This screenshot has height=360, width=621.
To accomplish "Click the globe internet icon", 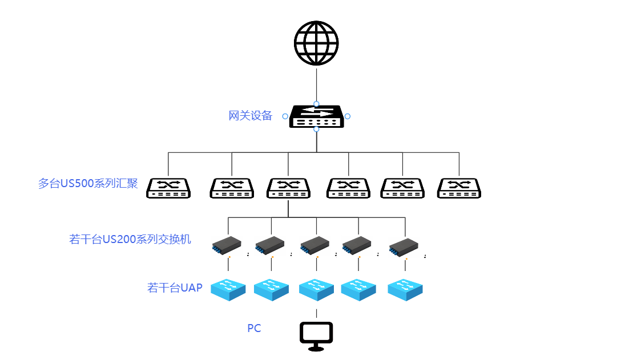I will [316, 43].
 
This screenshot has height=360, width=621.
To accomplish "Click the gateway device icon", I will [316, 116].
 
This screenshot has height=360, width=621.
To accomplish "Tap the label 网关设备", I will [251, 116].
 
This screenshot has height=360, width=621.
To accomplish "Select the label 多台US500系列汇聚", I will [88, 184].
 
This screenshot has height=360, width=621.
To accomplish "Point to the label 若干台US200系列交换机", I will [130, 239].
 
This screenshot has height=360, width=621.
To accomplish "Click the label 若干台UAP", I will [175, 288].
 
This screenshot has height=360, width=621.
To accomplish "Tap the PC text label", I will [254, 329].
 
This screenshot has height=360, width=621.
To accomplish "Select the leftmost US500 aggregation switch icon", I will [168, 188].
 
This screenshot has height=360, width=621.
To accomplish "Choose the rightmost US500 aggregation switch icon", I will [459, 188].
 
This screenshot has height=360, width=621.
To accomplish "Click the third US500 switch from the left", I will [288, 188].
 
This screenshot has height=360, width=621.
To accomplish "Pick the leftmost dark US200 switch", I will [227, 245].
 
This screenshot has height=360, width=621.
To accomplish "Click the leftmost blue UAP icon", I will [228, 289].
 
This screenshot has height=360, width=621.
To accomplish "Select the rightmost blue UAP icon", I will [405, 289].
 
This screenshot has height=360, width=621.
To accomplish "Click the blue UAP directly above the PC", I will [316, 289].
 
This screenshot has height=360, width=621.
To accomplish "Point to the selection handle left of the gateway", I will [285, 116].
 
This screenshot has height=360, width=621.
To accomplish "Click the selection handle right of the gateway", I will [348, 116].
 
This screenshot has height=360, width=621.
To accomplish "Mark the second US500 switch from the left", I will [232, 188].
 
